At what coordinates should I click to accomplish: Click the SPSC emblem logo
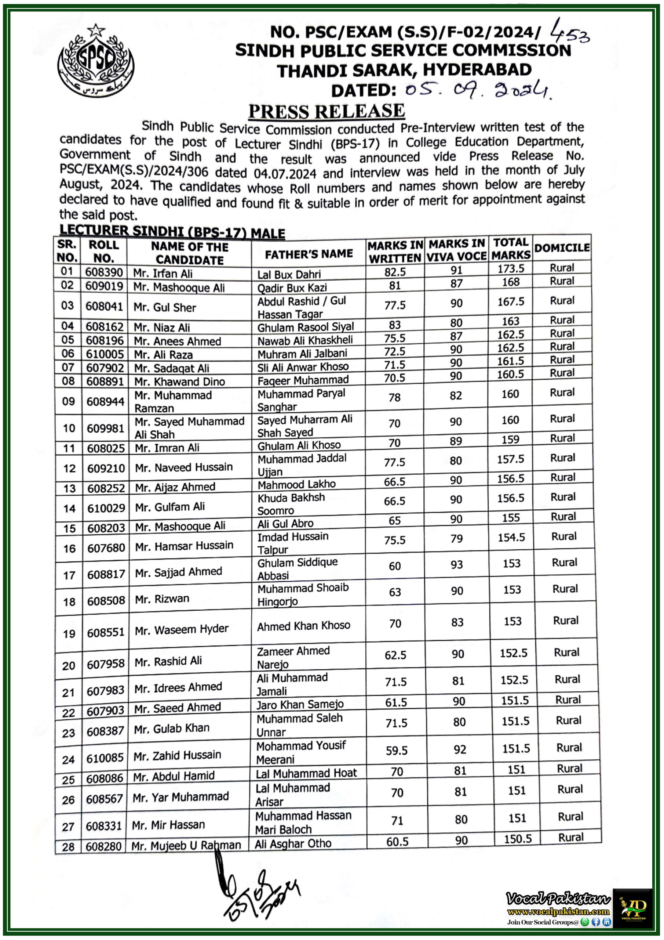[x=96, y=61]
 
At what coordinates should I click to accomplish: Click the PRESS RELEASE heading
[x=326, y=111]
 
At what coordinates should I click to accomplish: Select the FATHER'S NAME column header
[x=309, y=254]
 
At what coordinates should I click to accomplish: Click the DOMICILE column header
[x=562, y=248]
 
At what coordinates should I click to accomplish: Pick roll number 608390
[x=104, y=272]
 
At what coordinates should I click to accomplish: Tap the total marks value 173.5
[x=511, y=268]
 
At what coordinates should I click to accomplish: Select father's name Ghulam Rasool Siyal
[x=305, y=327]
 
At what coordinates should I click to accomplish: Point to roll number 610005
[x=104, y=354]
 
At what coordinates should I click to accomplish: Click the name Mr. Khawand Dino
[x=179, y=382]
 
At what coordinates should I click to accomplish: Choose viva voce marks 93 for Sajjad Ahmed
[x=457, y=565]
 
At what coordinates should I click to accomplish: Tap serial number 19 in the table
[x=69, y=634]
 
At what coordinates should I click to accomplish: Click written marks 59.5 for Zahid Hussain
[x=397, y=751]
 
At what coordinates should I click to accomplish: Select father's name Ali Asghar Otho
[x=293, y=843]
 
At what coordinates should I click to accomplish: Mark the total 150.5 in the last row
[x=518, y=839]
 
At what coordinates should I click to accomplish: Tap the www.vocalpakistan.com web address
[x=558, y=911]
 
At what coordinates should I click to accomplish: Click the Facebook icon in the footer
[x=596, y=922]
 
